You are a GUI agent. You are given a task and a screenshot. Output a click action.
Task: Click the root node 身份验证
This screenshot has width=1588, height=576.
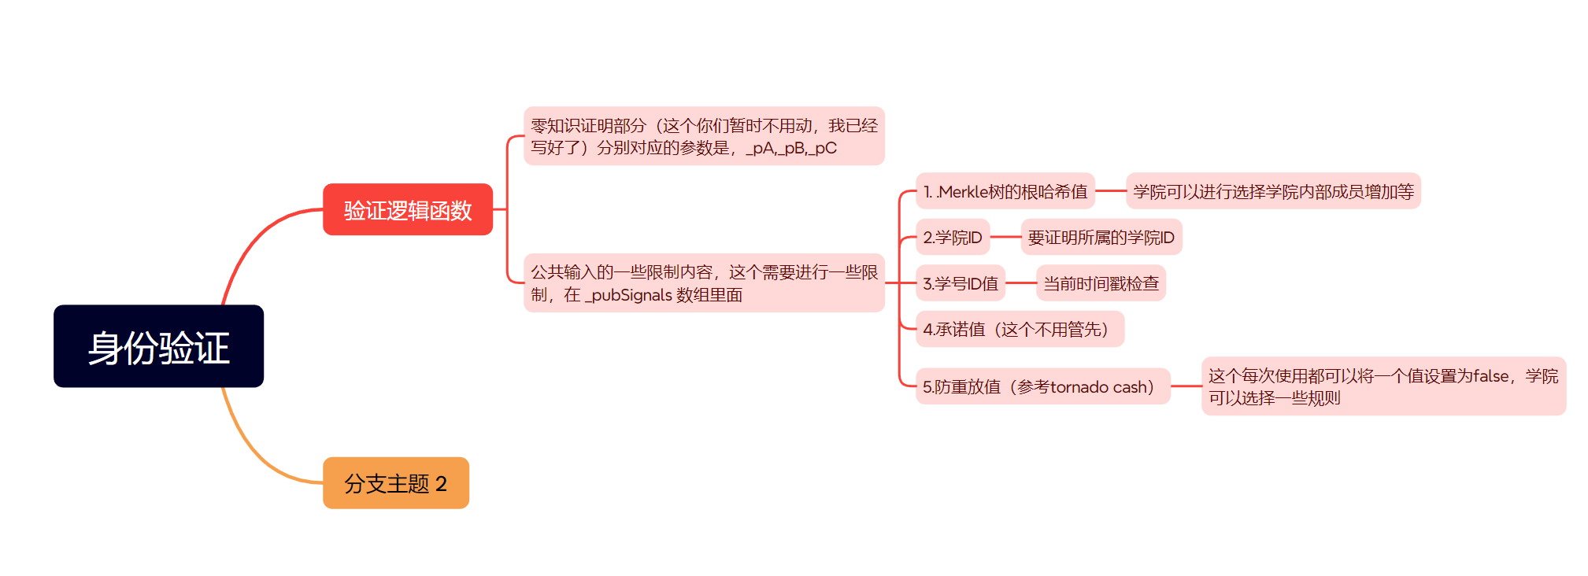coord(158,346)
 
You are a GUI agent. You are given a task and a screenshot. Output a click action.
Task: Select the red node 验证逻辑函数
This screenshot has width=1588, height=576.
coord(407,209)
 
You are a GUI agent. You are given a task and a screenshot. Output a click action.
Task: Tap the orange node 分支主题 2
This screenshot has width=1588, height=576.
coord(395,482)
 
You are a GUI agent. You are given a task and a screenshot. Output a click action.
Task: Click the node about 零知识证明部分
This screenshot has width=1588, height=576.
coord(704,136)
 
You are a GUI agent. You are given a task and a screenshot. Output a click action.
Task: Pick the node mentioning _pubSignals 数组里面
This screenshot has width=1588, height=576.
coord(704,283)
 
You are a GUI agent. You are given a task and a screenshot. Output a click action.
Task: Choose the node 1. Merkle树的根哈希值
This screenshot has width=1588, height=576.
coord(1005,191)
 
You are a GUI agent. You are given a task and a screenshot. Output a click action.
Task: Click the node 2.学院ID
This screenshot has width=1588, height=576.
coord(952,237)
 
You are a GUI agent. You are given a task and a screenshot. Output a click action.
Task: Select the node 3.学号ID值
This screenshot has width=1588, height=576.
coord(960,283)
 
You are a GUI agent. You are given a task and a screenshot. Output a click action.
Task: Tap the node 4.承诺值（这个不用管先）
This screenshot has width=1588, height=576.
coord(1019,329)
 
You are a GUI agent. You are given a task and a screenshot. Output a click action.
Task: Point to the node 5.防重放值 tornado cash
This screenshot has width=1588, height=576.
coord(1042,386)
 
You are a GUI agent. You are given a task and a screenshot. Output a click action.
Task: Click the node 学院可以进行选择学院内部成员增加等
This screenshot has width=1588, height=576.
coord(1272,191)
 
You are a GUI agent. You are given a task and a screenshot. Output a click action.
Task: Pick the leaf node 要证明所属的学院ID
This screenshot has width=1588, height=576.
coord(1101,237)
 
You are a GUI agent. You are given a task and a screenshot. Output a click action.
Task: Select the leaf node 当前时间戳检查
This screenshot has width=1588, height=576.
coord(1100,283)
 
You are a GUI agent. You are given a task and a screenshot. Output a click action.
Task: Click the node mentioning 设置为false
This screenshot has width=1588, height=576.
coord(1383,386)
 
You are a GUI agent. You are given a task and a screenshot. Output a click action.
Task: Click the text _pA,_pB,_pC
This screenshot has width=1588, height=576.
coord(791,148)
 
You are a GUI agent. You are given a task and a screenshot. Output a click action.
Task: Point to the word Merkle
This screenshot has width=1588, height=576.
coord(963,192)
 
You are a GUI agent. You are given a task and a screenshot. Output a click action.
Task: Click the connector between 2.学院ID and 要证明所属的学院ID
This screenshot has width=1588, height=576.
coord(1005,237)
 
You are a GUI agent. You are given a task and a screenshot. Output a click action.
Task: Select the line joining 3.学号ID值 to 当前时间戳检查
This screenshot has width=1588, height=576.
coord(1020,283)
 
